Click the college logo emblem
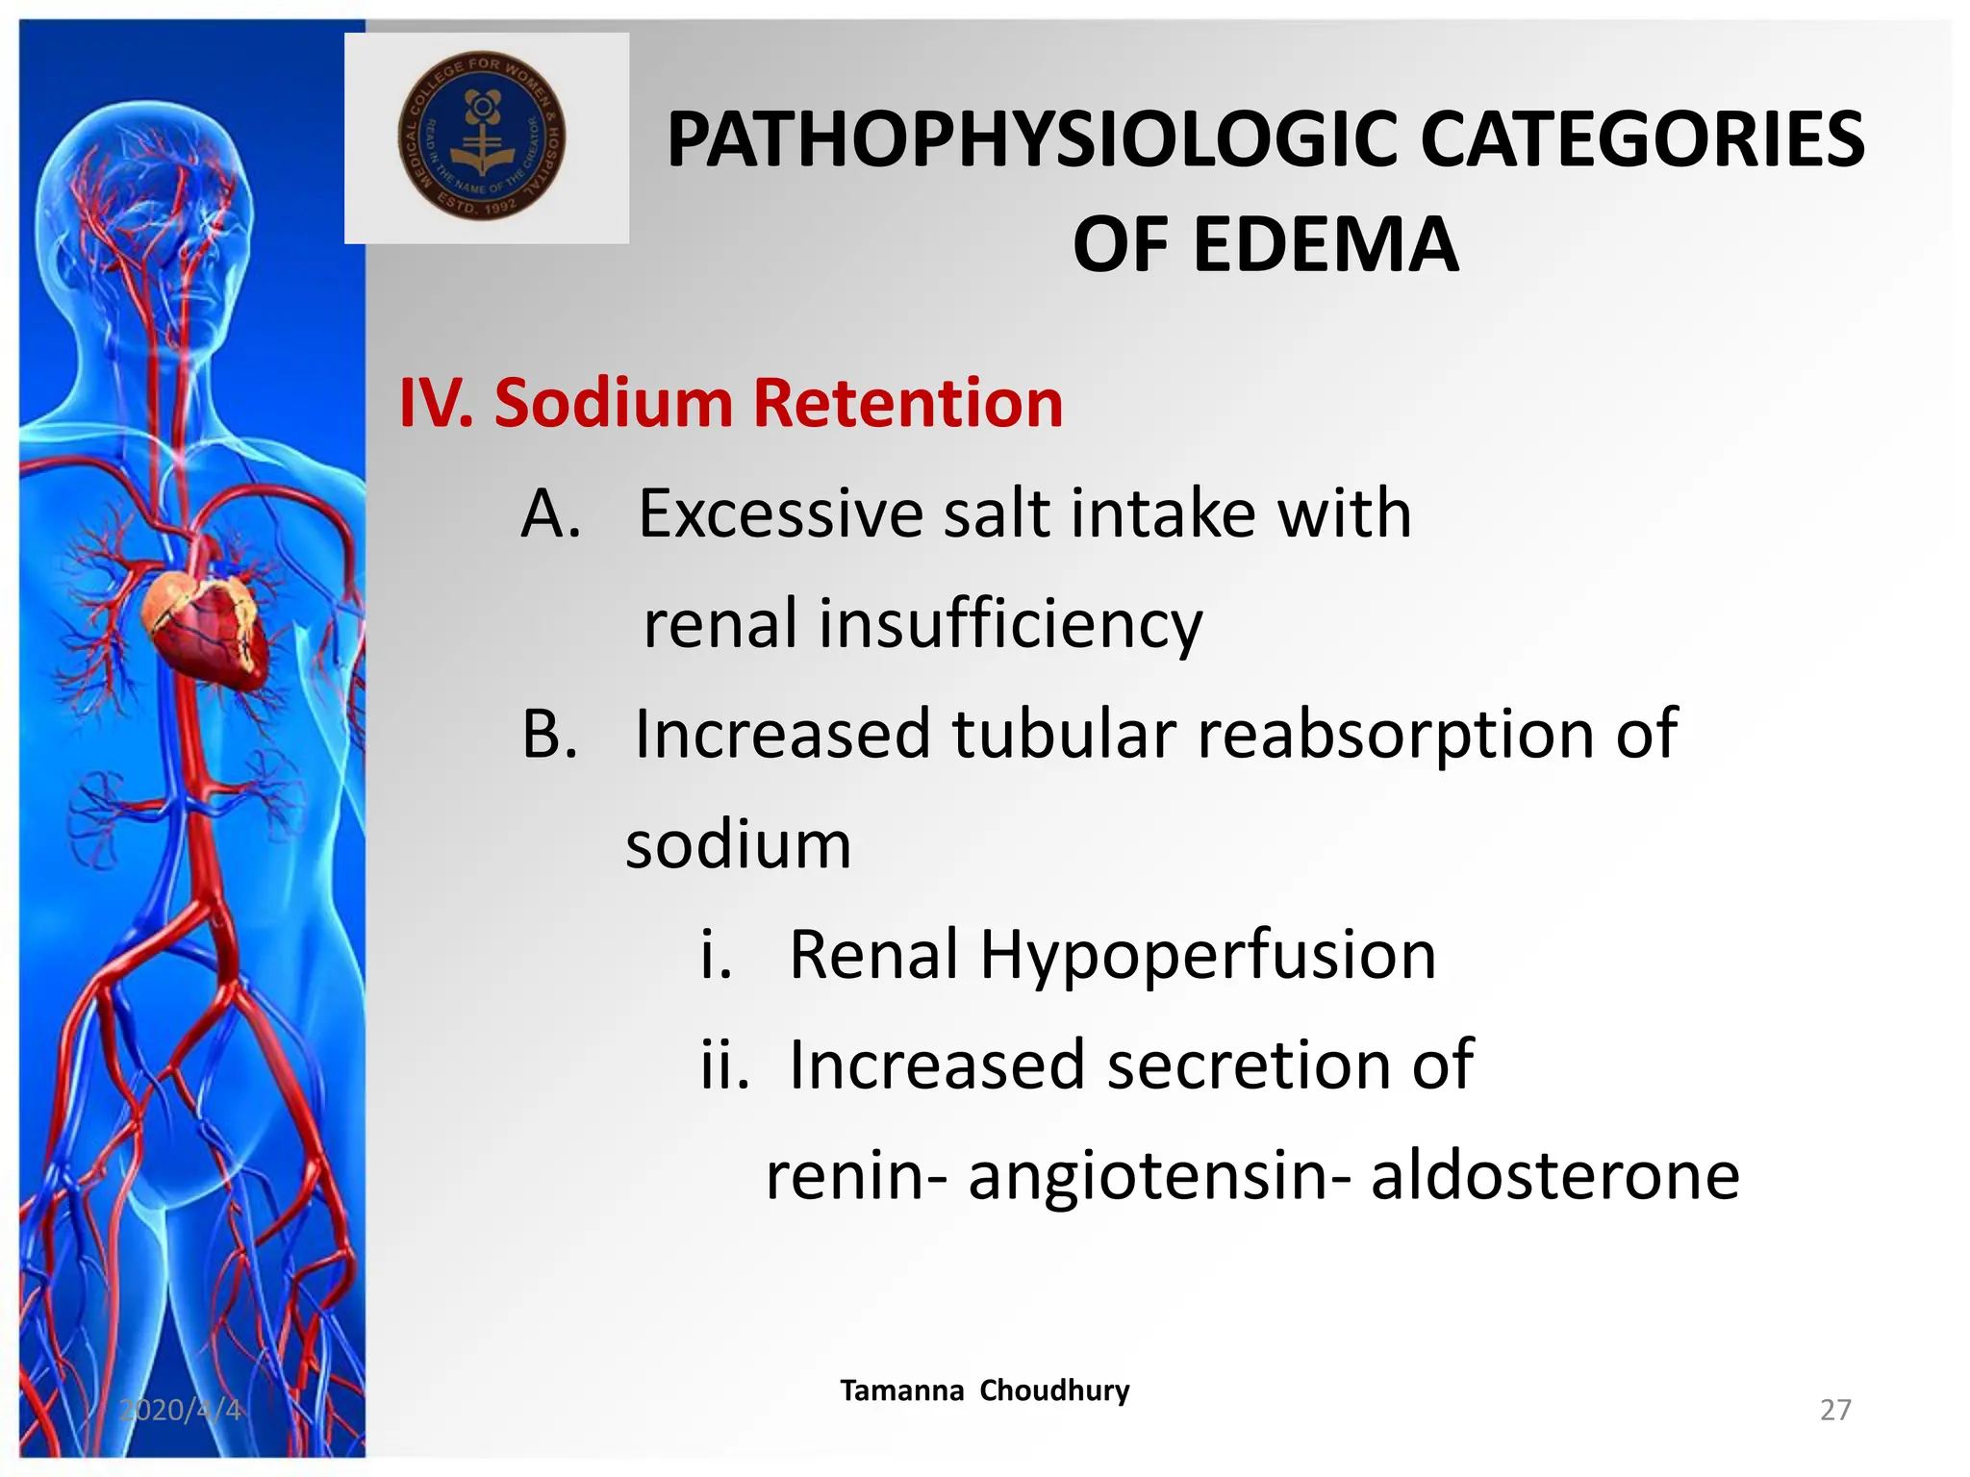tap(482, 137)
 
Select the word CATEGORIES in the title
tap(1641, 140)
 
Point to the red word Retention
tap(908, 402)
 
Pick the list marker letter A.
tap(550, 513)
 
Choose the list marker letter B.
tap(549, 734)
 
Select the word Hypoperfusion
tap(1207, 956)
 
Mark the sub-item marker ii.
tap(724, 1064)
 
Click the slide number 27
tap(1835, 1410)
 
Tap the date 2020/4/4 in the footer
tap(180, 1410)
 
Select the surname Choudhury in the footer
tap(1054, 1390)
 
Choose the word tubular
tap(1064, 734)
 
